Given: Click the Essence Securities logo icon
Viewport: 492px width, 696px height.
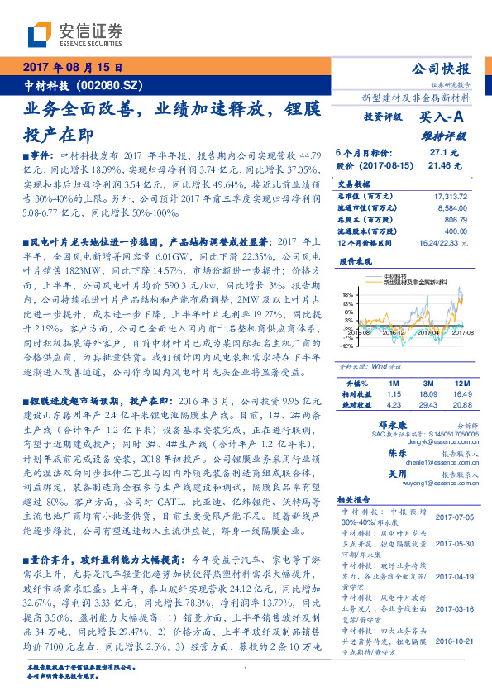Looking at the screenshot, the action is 40,35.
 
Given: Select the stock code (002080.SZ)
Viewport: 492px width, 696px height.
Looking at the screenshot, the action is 110,85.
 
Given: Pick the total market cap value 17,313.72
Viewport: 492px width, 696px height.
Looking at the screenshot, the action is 450,195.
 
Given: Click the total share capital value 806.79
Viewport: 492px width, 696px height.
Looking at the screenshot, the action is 456,221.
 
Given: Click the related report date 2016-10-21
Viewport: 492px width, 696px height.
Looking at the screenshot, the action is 450,639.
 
